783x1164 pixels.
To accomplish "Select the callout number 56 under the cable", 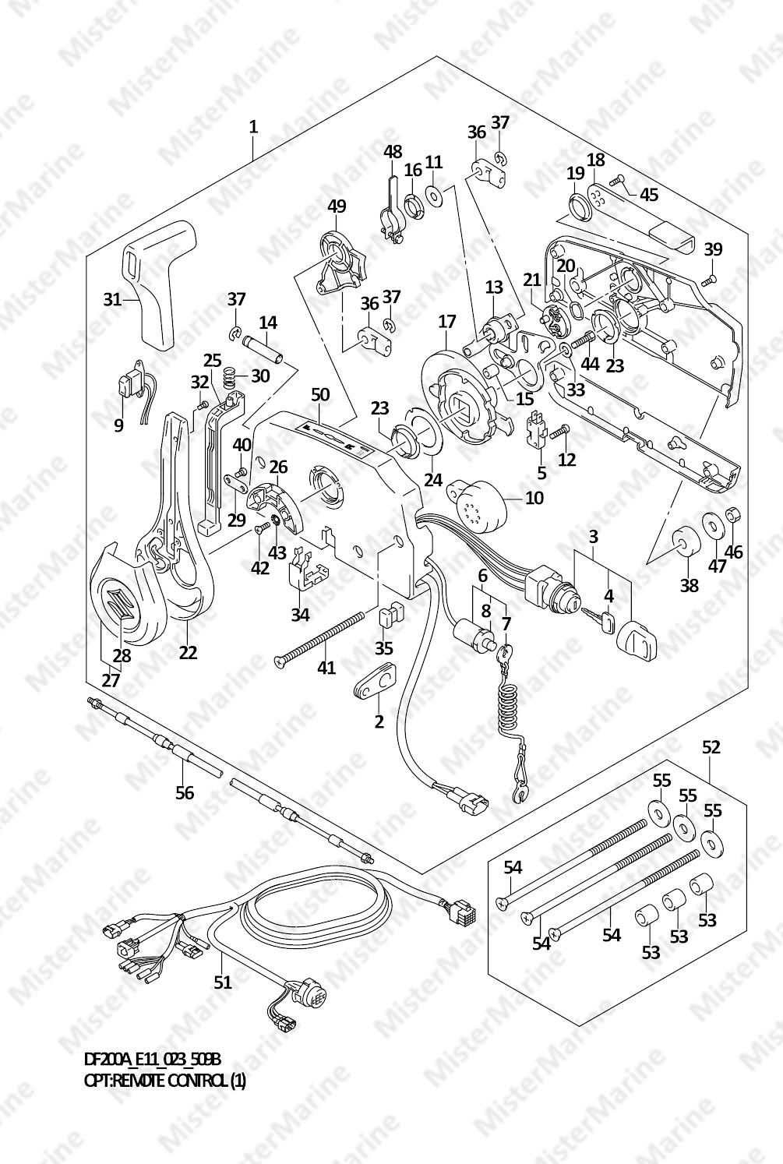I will [x=184, y=792].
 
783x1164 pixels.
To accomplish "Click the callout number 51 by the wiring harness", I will [x=223, y=982].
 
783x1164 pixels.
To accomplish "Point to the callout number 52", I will [x=711, y=747].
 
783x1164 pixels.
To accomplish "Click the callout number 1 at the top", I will [x=252, y=126].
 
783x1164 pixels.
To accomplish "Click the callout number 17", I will [x=446, y=321].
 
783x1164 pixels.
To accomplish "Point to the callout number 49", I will [x=337, y=206].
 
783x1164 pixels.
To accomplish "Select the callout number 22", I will [x=188, y=653].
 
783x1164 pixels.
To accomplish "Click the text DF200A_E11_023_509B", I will [x=152, y=1060].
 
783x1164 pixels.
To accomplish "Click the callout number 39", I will [x=713, y=249].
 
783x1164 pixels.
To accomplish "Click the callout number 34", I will [x=300, y=615].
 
